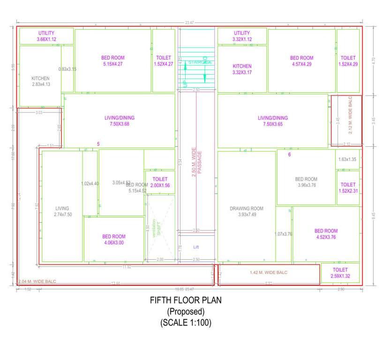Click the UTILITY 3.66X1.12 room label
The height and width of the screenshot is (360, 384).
[46, 36]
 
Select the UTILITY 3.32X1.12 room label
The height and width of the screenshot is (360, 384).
[242, 36]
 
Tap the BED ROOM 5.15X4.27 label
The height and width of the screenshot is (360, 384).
[113, 61]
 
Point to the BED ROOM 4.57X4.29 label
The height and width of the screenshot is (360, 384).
[301, 61]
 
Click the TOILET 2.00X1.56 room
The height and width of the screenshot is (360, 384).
[160, 182]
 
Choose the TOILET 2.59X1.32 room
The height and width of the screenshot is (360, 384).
[340, 273]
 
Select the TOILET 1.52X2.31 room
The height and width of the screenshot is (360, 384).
[348, 188]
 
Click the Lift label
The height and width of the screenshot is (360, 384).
[196, 247]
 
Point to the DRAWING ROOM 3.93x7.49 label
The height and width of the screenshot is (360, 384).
[246, 211]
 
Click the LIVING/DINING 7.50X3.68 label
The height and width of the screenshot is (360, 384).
[120, 121]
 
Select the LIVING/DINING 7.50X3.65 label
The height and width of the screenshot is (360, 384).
[273, 121]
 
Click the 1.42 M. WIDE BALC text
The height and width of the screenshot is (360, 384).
[269, 272]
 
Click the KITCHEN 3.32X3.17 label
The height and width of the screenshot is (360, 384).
[242, 69]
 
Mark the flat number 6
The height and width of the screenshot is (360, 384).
[289, 155]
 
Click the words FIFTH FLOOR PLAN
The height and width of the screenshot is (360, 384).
[185, 300]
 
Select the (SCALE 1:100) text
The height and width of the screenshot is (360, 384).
[186, 322]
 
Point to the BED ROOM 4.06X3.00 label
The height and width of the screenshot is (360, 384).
[114, 240]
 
